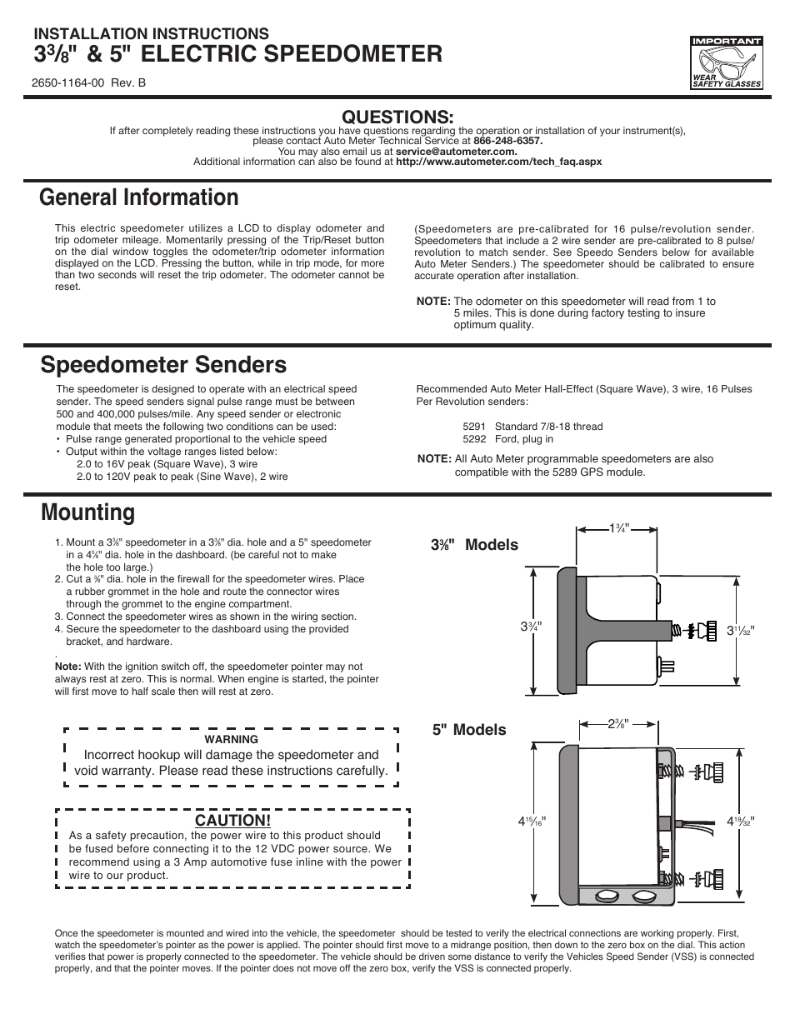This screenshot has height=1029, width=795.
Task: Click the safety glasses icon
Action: pos(726,62)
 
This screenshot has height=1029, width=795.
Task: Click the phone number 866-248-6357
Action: pos(507,141)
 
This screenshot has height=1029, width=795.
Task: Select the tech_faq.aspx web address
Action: pos(498,162)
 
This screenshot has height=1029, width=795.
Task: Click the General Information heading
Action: pos(139,197)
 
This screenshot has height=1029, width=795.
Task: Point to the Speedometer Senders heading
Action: pos(163,365)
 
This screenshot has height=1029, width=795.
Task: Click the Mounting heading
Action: pos(87,512)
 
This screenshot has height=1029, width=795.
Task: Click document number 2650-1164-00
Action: pos(67,84)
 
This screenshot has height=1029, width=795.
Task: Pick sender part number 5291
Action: pos(474,427)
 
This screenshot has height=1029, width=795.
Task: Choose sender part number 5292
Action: pos(474,439)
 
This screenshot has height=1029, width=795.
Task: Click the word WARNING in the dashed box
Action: pos(231,739)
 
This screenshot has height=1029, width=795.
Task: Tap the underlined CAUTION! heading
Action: pos(232,821)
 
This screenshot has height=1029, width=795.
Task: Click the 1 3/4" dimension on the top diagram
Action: pos(618,528)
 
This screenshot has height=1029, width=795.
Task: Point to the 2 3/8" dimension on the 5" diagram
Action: pos(617,723)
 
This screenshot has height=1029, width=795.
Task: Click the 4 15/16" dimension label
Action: pos(531,822)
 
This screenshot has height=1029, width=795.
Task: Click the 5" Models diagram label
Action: pos(468,730)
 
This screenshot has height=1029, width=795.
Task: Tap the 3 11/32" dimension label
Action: pos(740,630)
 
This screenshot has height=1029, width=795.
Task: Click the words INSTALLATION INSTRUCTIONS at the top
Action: pos(151,33)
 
